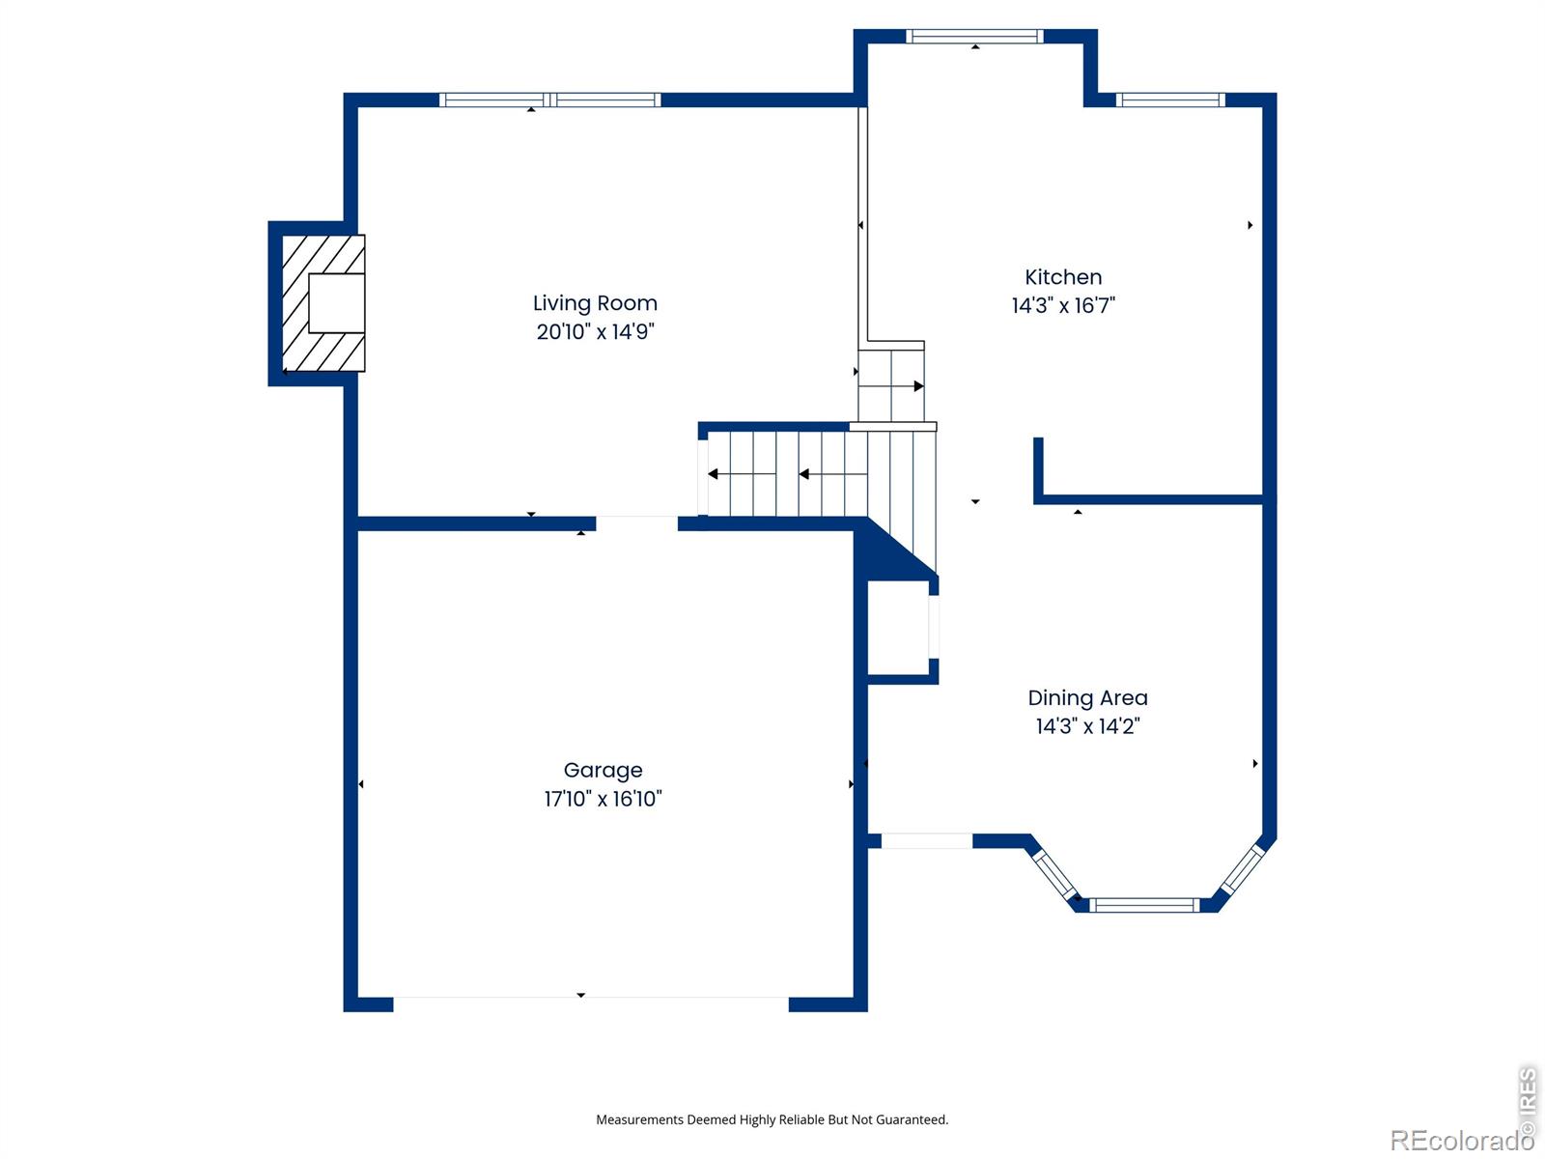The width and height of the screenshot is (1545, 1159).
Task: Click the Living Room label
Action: tap(595, 303)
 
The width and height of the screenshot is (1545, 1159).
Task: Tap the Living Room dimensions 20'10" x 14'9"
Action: tap(595, 331)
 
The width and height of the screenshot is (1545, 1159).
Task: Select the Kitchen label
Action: tap(1063, 277)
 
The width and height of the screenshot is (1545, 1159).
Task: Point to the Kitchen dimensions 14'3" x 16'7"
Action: tap(1063, 305)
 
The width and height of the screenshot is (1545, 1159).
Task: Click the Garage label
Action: tap(603, 771)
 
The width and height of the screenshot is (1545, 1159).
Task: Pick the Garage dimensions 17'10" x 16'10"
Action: tap(603, 799)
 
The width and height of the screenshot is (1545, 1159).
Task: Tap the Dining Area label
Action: tap(1087, 698)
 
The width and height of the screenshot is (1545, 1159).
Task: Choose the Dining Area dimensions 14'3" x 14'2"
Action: tap(1087, 726)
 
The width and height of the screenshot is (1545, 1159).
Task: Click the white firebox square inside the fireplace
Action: tap(336, 303)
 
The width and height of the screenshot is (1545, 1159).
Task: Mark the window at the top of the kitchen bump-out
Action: tap(974, 36)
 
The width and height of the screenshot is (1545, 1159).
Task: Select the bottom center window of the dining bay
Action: tap(1144, 905)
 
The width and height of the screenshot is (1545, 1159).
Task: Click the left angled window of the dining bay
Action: tap(1053, 875)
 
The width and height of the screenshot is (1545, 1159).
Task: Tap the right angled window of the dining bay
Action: tap(1243, 870)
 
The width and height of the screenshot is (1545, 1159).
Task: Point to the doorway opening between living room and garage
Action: tap(637, 523)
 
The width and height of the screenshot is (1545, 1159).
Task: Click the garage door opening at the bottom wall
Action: tap(591, 1004)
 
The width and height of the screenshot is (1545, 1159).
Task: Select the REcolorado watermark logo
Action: tap(1461, 1140)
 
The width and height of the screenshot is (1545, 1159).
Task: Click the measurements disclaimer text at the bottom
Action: tap(772, 1119)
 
